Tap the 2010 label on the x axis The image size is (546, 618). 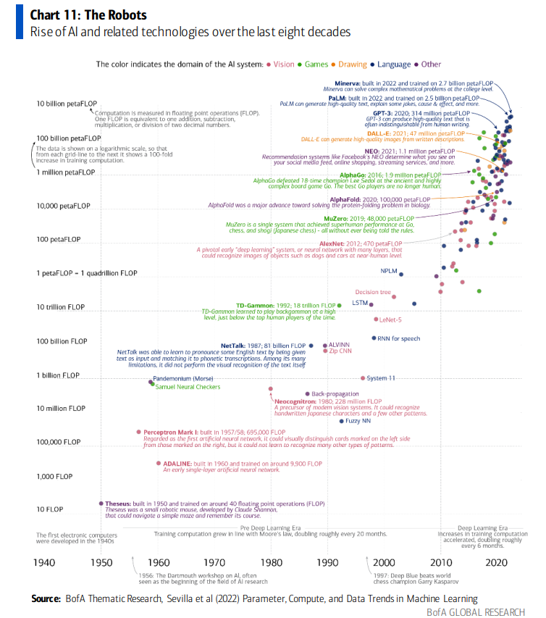tap(440, 562)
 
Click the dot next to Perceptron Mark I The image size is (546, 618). tap(138, 432)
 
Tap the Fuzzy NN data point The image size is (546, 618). tap(342, 420)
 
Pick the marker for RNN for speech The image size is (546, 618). tap(374, 338)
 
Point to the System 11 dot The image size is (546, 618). tap(363, 378)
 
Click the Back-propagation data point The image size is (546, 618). tap(307, 393)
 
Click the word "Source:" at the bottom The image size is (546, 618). tap(45, 599)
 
